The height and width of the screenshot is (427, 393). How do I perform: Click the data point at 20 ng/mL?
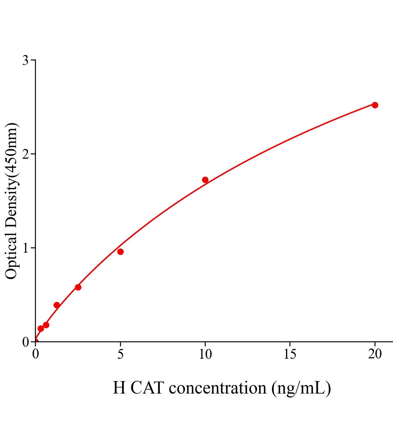(x=375, y=105)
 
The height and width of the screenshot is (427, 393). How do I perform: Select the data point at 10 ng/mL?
(x=205, y=180)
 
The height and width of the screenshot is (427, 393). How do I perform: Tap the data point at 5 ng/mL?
(x=120, y=252)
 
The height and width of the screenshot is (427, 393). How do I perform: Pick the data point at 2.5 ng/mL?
(x=78, y=287)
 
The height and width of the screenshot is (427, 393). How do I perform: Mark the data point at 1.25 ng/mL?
(x=57, y=305)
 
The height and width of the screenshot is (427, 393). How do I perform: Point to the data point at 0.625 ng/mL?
(x=46, y=325)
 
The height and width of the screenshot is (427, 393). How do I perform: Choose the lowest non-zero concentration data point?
(x=41, y=328)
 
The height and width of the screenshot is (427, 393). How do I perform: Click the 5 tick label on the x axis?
(x=120, y=354)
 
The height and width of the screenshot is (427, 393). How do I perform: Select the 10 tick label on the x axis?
(x=205, y=354)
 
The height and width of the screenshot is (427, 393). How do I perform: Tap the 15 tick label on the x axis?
(x=290, y=354)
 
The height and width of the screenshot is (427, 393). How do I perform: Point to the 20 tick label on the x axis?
(x=375, y=354)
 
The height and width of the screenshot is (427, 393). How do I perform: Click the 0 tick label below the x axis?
(x=36, y=354)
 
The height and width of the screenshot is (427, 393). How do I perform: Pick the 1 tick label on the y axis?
(x=26, y=248)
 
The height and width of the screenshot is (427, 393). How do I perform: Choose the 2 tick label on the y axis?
(x=26, y=154)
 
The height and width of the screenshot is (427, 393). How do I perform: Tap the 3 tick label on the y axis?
(x=26, y=60)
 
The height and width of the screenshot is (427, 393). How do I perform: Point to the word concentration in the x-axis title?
(x=218, y=388)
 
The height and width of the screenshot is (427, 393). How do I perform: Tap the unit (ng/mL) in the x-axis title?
(x=301, y=388)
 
